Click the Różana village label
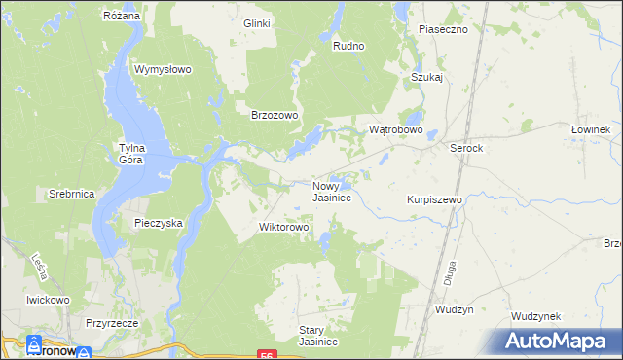123,17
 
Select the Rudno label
348,46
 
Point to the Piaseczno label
443,29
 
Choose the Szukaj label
427,77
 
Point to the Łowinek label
590,129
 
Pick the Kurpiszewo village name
434,199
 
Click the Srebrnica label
71,194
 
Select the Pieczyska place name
159,223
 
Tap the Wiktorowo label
283,228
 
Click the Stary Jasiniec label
317,336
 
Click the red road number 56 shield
266,355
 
